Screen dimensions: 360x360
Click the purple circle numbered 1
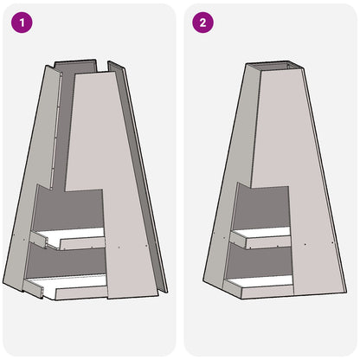(x=21, y=22)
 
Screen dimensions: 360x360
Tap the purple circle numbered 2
(x=202, y=22)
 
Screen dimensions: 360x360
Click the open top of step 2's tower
(x=277, y=67)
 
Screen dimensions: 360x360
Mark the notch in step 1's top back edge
(x=110, y=63)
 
